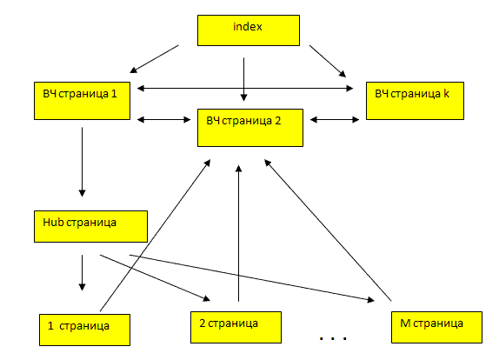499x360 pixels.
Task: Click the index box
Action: [249, 30]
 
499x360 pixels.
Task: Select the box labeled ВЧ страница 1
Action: [82, 101]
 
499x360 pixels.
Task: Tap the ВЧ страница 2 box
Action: [250, 128]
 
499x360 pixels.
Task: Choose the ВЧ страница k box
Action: [415, 101]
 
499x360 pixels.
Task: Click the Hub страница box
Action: [90, 226]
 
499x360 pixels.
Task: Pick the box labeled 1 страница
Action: [84, 330]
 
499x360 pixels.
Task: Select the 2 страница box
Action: [236, 327]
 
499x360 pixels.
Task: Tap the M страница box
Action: [436, 327]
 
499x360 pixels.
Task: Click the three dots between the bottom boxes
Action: [333, 338]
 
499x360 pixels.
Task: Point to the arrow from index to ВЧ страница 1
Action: [155, 59]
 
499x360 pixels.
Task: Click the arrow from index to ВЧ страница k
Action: [328, 61]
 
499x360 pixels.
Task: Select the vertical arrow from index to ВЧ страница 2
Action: [243, 79]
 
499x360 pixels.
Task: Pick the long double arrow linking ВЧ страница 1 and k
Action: [245, 88]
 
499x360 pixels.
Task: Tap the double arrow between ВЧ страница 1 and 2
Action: [163, 120]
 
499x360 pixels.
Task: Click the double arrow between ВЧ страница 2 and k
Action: [335, 120]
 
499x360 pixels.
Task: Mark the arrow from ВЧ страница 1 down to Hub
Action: [82, 162]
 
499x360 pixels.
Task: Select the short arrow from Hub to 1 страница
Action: [82, 272]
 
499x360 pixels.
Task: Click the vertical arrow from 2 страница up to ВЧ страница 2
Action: [239, 233]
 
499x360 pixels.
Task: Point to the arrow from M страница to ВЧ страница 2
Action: [328, 230]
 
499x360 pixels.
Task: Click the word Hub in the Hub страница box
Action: [54, 223]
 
